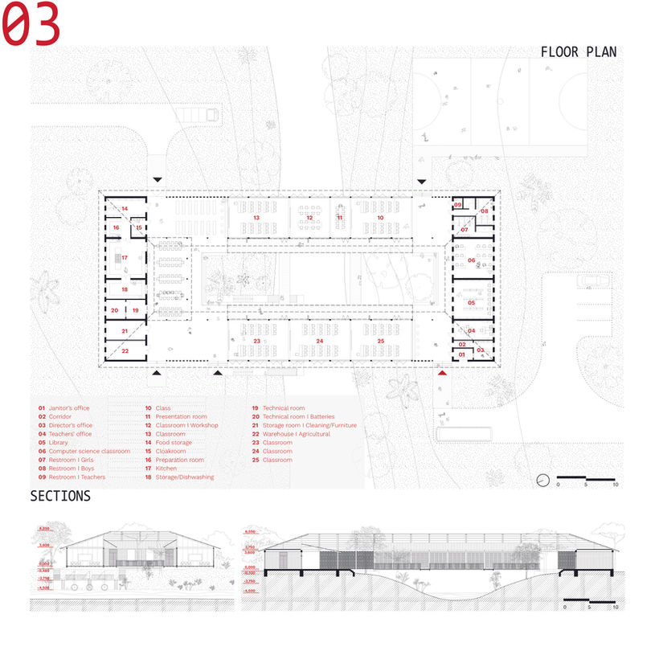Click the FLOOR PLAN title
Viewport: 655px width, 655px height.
coord(579,52)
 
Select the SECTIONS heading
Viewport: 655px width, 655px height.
coord(60,496)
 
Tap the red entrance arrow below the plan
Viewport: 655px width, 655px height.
coord(441,373)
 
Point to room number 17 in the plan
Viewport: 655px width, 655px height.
coord(125,258)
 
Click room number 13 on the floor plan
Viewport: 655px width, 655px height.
coord(256,218)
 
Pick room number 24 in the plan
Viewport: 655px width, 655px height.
coord(319,342)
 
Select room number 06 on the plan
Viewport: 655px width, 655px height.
coord(472,260)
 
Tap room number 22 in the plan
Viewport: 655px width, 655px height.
coord(125,350)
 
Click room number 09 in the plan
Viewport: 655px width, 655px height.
coord(457,206)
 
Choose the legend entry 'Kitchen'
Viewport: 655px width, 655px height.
coord(166,469)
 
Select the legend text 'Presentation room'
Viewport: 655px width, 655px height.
coord(181,417)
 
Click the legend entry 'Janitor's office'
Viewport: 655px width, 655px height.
coord(70,408)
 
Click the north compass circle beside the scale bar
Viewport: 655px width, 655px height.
coord(543,480)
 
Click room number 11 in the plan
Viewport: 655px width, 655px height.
coord(340,218)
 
